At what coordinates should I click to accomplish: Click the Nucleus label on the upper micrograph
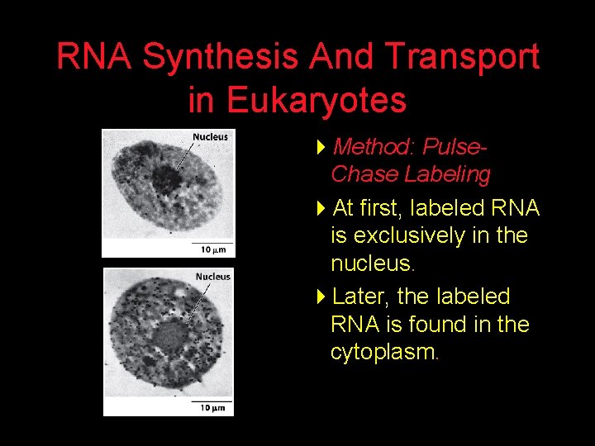click(210, 137)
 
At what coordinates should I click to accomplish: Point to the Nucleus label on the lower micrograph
click(212, 277)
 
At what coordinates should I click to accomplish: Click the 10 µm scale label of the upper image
click(212, 249)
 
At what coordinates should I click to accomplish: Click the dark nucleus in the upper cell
click(171, 178)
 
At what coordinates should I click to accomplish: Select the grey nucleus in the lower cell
click(170, 337)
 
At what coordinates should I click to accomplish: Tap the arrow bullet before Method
click(321, 148)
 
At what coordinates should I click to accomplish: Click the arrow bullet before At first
click(321, 209)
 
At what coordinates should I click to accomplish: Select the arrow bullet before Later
click(321, 297)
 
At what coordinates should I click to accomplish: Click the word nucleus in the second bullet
click(370, 264)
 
